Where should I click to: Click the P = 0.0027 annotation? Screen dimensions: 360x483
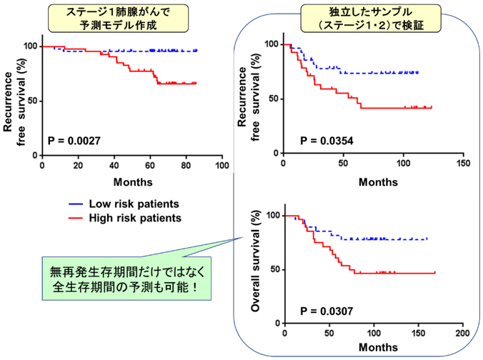76,141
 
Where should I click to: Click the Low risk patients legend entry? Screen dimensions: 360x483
125,203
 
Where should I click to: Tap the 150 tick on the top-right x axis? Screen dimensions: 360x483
463,164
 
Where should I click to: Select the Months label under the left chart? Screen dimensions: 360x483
131,181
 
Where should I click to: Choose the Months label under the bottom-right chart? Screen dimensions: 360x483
374,349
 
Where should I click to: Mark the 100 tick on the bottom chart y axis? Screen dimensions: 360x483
273,214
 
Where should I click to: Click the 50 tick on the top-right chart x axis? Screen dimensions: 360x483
343,164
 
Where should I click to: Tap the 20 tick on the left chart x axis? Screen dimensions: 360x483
78,165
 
